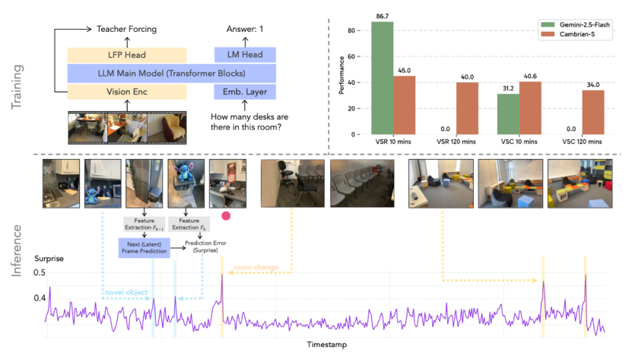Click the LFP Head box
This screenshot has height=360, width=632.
126,55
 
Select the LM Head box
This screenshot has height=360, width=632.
244,55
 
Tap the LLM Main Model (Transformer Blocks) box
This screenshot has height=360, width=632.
171,73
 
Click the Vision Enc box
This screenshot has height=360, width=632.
126,91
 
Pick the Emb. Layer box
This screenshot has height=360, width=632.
244,91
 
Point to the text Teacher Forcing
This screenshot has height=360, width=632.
126,29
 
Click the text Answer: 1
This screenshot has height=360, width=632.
244,29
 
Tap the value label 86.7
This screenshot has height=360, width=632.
382,14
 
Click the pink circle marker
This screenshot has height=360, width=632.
225,217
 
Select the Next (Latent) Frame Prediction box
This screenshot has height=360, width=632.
143,247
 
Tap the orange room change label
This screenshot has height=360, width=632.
256,268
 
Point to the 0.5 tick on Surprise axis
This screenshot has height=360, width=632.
38,273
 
